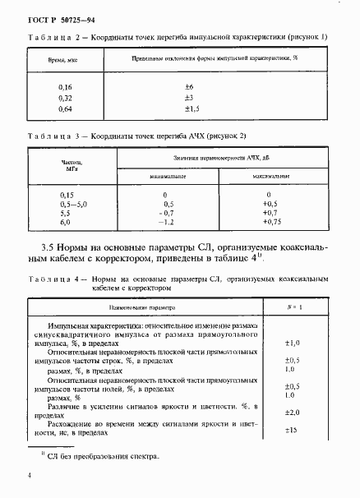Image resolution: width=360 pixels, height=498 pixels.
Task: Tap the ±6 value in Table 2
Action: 188,86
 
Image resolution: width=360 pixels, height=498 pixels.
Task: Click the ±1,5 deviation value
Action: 191,108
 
